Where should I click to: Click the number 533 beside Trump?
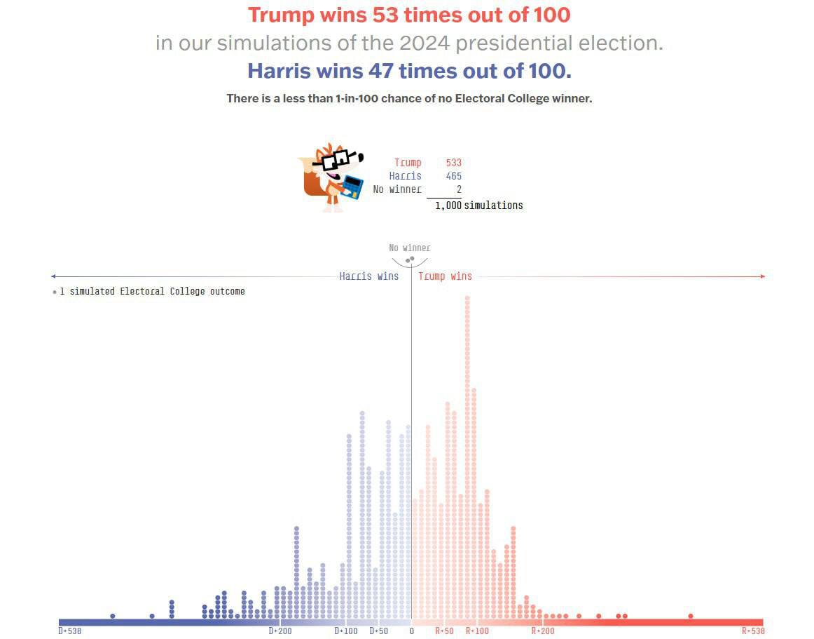(x=453, y=163)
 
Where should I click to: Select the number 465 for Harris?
(x=453, y=176)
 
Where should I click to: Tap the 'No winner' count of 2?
(x=459, y=189)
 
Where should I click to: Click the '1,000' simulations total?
(x=448, y=206)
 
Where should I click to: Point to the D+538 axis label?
(x=69, y=631)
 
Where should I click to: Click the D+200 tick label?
(x=280, y=631)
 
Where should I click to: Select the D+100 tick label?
(x=346, y=631)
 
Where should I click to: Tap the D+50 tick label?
(x=378, y=631)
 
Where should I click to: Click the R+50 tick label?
(x=444, y=631)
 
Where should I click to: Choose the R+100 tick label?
(x=477, y=631)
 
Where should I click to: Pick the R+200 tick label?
(x=543, y=631)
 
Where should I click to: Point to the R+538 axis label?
(x=753, y=631)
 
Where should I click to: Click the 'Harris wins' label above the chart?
(x=368, y=276)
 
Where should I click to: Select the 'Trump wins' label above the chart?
(x=445, y=276)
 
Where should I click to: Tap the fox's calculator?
(x=352, y=187)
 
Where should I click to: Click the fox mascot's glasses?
(x=334, y=160)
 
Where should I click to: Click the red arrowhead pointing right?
(x=763, y=276)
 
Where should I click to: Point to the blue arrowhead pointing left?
(x=54, y=276)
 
